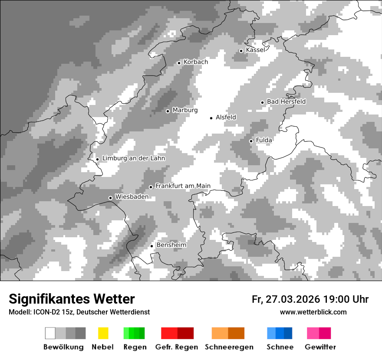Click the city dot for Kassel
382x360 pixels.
[241, 51]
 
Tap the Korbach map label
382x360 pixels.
[196, 62]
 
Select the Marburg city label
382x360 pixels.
[185, 110]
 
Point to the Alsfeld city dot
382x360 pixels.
[211, 118]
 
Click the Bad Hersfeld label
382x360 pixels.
[286, 101]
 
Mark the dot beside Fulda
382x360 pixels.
[251, 141]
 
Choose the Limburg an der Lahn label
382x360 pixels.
[134, 158]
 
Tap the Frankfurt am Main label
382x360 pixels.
[183, 186]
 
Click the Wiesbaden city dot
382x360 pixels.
[110, 198]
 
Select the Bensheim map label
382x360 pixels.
[171, 245]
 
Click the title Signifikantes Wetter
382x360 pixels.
[72, 299]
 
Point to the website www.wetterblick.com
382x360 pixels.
[313, 312]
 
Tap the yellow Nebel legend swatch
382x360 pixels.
[103, 333]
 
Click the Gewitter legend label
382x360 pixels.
[320, 347]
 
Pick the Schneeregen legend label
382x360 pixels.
[229, 347]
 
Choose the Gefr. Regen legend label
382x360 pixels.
[177, 347]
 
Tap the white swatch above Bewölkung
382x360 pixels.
[50, 333]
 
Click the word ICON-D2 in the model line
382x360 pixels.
[43, 312]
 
